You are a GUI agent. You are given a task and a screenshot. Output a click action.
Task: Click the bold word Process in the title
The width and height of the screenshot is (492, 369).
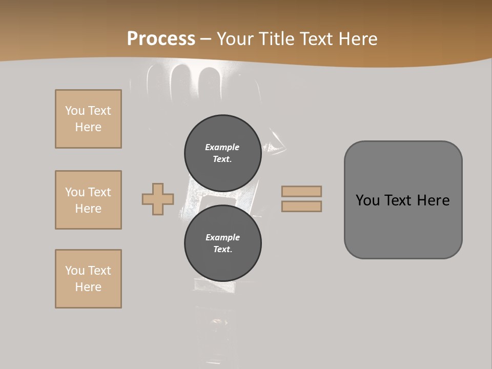[161, 39]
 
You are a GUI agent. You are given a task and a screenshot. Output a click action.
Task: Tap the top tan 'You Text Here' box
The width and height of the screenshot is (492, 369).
[88, 119]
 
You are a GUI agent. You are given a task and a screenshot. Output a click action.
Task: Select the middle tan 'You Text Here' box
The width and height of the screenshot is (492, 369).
[88, 200]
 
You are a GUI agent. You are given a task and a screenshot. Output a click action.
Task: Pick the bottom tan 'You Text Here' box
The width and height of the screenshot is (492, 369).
[88, 279]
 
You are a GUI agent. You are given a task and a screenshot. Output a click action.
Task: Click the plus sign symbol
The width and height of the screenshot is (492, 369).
[158, 199]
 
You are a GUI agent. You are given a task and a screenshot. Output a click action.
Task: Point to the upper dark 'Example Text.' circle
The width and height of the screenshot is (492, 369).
[222, 153]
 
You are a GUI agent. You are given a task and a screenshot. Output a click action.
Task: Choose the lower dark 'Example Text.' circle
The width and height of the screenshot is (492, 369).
[222, 243]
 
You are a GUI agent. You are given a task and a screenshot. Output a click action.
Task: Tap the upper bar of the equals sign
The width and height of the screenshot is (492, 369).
[301, 191]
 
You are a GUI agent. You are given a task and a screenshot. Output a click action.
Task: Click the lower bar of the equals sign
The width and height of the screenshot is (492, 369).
[301, 206]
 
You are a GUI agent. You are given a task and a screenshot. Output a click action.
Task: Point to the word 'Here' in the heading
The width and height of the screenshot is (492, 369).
[358, 39]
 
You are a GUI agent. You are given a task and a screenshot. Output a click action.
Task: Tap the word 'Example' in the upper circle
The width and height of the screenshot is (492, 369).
[222, 147]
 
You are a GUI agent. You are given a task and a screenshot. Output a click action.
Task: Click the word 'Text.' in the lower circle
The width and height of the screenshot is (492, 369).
[222, 249]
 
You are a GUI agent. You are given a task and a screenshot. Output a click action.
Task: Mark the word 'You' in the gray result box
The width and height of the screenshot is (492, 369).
[367, 200]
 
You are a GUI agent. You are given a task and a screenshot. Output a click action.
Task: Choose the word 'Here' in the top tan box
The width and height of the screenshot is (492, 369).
[88, 127]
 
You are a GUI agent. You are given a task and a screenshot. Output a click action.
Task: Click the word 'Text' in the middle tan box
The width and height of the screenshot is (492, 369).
[99, 192]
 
